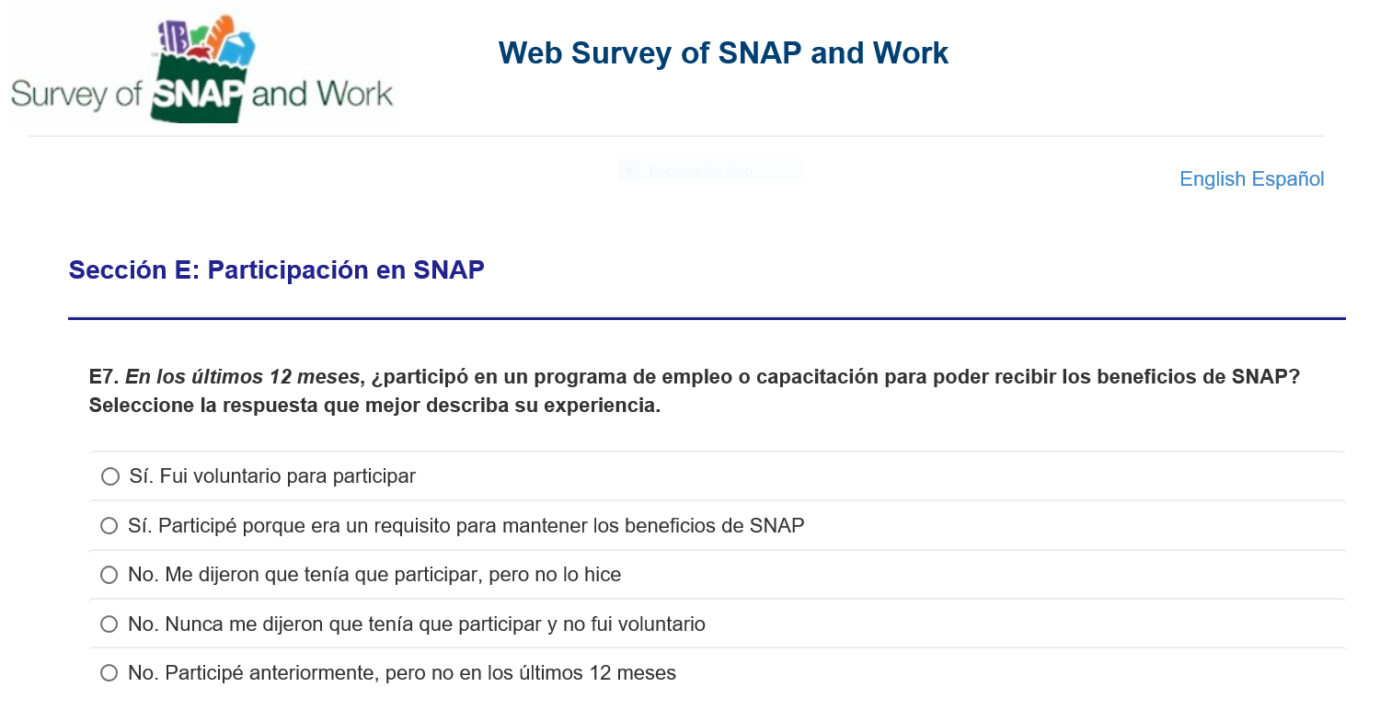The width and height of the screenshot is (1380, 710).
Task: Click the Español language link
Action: click(1288, 179)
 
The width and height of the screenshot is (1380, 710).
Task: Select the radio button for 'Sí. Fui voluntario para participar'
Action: click(110, 476)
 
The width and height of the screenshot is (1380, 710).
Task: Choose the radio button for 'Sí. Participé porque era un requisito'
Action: click(109, 526)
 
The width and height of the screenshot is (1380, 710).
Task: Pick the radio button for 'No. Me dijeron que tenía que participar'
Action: click(109, 575)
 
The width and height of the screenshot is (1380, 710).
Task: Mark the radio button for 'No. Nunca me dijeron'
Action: click(109, 624)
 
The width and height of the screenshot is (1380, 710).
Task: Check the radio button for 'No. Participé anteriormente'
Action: click(109, 673)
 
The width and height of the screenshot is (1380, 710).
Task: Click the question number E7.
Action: click(103, 376)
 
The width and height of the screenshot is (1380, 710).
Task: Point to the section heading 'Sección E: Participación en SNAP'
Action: click(277, 270)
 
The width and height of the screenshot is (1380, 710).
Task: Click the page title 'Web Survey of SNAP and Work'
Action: click(723, 53)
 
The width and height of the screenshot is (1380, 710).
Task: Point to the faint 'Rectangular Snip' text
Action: click(700, 171)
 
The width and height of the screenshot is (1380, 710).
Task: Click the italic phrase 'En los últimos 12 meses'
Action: click(242, 376)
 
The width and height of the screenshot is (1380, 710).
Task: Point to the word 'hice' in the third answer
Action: click(602, 575)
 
